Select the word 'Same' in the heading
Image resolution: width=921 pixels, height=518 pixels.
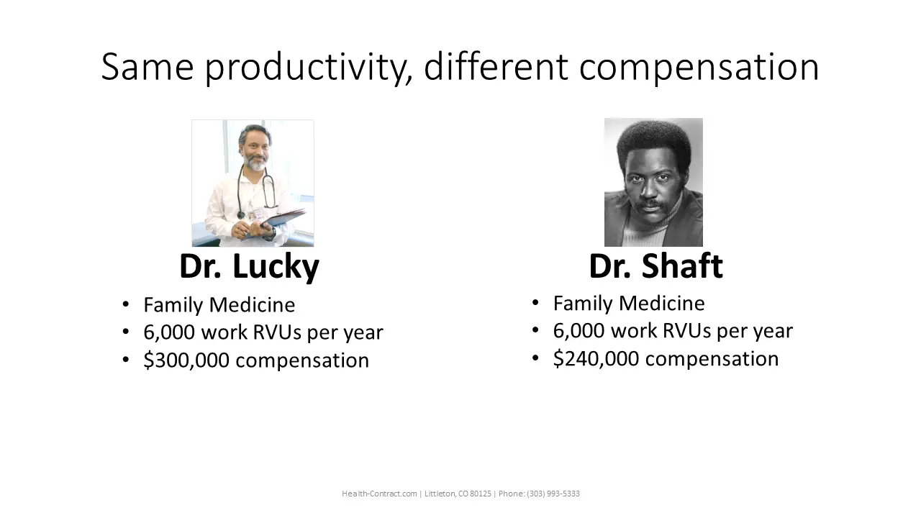[x=148, y=67]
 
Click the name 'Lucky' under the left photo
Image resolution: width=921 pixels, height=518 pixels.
[x=276, y=267]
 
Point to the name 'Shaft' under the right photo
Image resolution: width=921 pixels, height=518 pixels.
[x=682, y=265]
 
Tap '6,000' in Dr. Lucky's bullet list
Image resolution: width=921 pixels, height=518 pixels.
[x=169, y=332]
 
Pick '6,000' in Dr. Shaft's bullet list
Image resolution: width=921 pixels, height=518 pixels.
[x=579, y=330]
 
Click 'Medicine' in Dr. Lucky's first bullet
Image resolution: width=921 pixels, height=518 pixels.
[x=252, y=304]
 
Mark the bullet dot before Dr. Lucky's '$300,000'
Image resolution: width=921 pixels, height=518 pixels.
[x=126, y=360]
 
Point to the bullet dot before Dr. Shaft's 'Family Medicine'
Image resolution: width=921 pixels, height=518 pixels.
[x=535, y=303]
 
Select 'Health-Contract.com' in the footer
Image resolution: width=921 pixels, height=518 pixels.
[x=379, y=494]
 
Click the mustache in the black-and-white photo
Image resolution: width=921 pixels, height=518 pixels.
[x=652, y=204]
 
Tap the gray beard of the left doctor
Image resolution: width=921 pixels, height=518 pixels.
[x=255, y=163]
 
